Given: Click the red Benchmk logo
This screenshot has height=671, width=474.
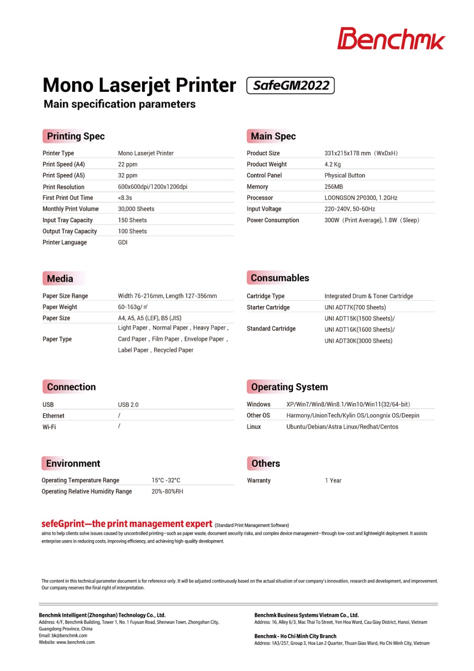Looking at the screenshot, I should pos(391,39).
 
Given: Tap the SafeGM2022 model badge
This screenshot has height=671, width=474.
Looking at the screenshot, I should pos(290,86).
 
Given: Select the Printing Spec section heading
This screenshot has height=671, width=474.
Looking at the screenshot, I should pos(75,136).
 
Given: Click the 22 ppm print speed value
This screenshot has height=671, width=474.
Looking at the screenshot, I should pos(127,164).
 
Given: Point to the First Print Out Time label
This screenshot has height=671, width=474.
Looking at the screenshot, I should pos(67,198).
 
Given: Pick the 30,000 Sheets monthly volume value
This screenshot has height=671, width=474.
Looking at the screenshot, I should pos(136,209).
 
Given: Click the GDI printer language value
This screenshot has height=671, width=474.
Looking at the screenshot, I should pos(122,242).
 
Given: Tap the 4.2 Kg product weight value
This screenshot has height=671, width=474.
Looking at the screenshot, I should pos(332,164).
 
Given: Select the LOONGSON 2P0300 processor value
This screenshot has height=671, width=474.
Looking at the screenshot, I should pos(360,198).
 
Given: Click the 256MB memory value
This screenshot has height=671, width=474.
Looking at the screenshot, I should pos(333,187).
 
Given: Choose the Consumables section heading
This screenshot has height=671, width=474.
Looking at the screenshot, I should pos(280,278).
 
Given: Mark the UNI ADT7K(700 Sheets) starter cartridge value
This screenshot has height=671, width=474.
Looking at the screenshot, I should pos(355,307).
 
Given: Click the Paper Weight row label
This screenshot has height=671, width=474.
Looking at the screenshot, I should pos(60,307).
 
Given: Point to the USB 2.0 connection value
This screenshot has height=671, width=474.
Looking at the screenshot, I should pos(128,405).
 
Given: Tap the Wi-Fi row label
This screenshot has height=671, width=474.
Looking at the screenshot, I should pos(49,427).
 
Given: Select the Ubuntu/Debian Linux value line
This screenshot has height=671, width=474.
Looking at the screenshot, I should pos(342,427).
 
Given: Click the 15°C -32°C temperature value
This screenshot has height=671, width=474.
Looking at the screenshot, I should pos(166,480).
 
